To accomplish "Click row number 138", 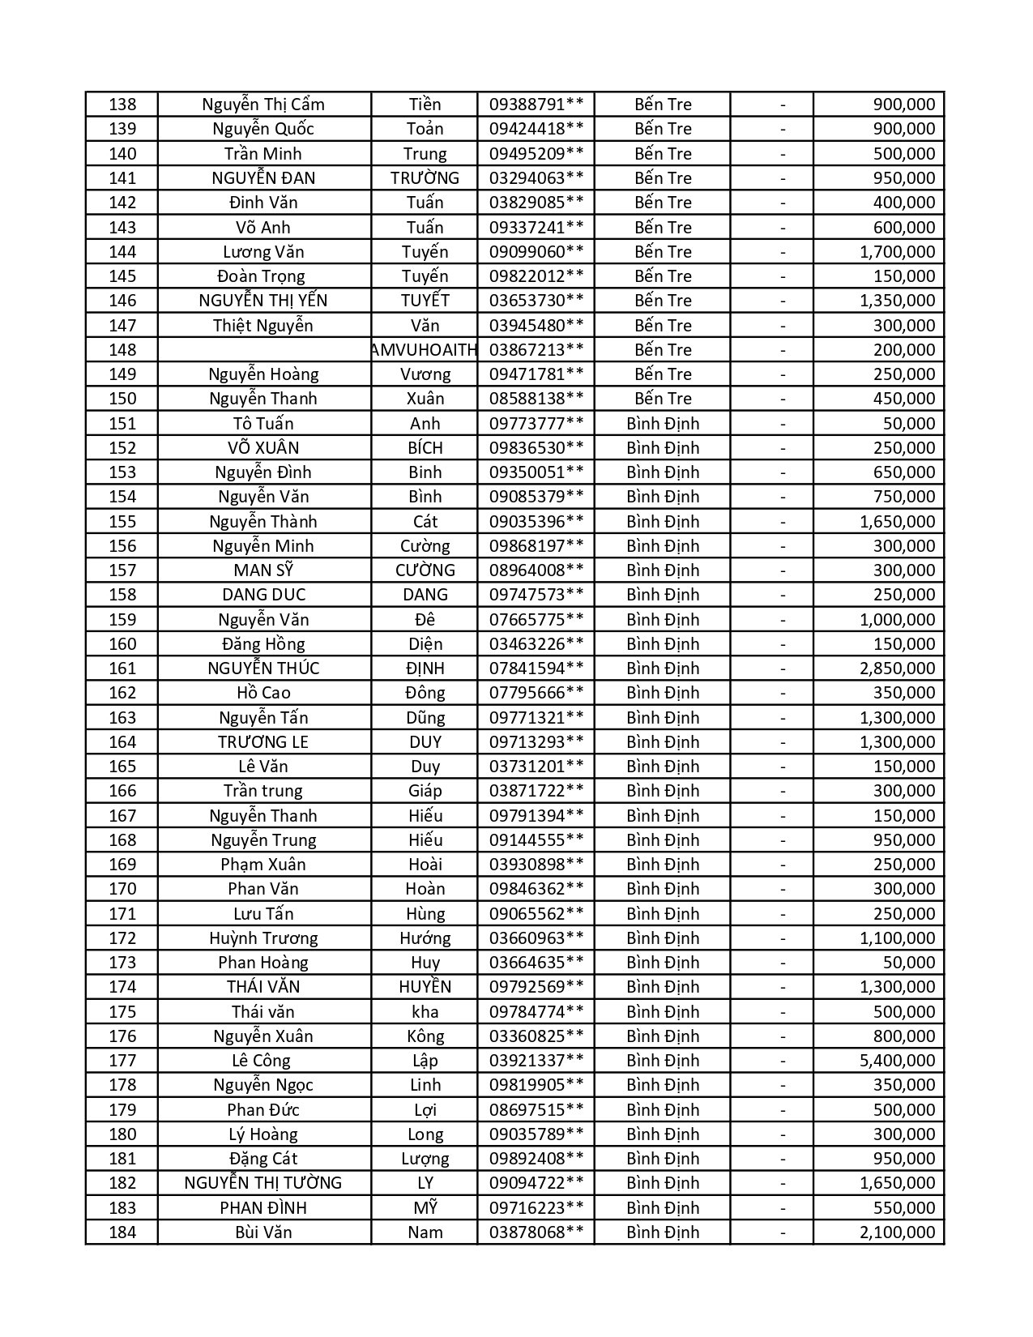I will coord(122,105).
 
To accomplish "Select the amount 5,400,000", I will coord(897,1061).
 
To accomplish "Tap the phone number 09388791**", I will coord(536,105).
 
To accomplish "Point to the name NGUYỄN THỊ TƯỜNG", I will coord(263,1183).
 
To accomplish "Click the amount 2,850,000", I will coord(897,668).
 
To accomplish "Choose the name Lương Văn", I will coord(263,252).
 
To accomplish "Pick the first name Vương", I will coord(425,374).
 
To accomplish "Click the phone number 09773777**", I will coord(536,424).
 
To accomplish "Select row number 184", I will coord(122,1232).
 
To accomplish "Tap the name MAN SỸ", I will coord(263,570).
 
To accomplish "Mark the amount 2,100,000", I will coord(897,1232).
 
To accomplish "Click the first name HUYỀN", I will coord(425,987).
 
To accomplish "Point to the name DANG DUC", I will coord(263,595).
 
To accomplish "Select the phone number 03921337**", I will coord(536,1061).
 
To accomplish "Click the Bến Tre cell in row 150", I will coord(663,399).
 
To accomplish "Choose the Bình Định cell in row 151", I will coord(663,424).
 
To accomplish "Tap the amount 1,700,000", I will coord(897,252).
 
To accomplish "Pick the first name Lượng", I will coord(425,1159).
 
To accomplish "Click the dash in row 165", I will coord(783,767).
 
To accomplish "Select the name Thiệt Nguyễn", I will coord(263,326).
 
